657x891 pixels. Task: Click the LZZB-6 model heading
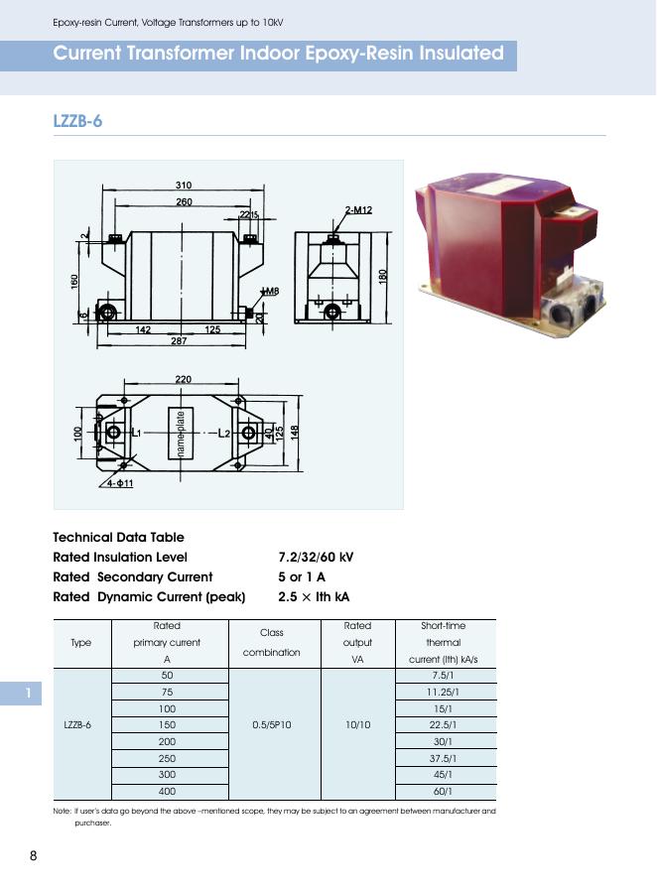pyautogui.click(x=77, y=121)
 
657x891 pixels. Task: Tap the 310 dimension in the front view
pyautogui.click(x=184, y=186)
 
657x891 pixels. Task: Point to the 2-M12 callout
pyautogui.click(x=358, y=209)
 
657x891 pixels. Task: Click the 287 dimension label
pyautogui.click(x=179, y=340)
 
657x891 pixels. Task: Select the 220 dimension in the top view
pyautogui.click(x=184, y=379)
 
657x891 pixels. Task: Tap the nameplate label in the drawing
pyautogui.click(x=181, y=434)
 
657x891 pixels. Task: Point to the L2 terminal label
pyautogui.click(x=224, y=434)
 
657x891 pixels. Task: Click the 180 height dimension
pyautogui.click(x=383, y=275)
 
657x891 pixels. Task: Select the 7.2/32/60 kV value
pyautogui.click(x=316, y=557)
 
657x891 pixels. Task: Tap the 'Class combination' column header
pyautogui.click(x=272, y=642)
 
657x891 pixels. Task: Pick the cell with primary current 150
pyautogui.click(x=167, y=724)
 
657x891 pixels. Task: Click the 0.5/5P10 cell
pyautogui.click(x=272, y=724)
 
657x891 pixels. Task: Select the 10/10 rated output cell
pyautogui.click(x=357, y=724)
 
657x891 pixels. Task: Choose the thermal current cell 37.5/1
pyautogui.click(x=443, y=758)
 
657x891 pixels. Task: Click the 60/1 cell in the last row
pyautogui.click(x=443, y=792)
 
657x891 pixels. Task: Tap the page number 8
pyautogui.click(x=34, y=856)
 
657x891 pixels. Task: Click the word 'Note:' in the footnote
pyautogui.click(x=62, y=811)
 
